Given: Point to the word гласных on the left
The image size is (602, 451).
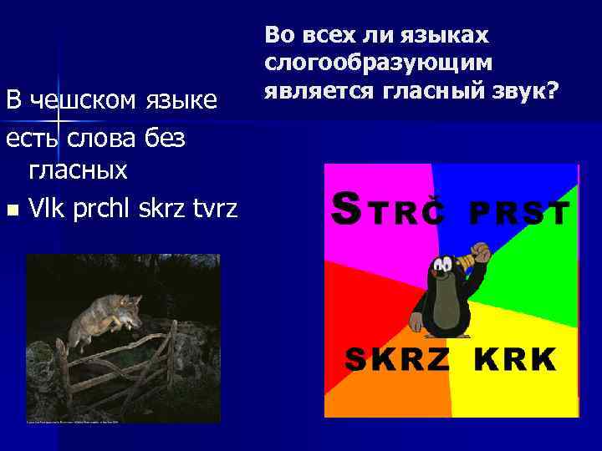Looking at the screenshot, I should point(78,170).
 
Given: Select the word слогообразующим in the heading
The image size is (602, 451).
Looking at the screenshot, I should point(378,63).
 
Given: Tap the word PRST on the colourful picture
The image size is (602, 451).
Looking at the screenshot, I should point(518,215).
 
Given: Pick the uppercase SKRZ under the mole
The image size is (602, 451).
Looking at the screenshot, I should point(399,360).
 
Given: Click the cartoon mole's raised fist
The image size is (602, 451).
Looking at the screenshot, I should point(478,251).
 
